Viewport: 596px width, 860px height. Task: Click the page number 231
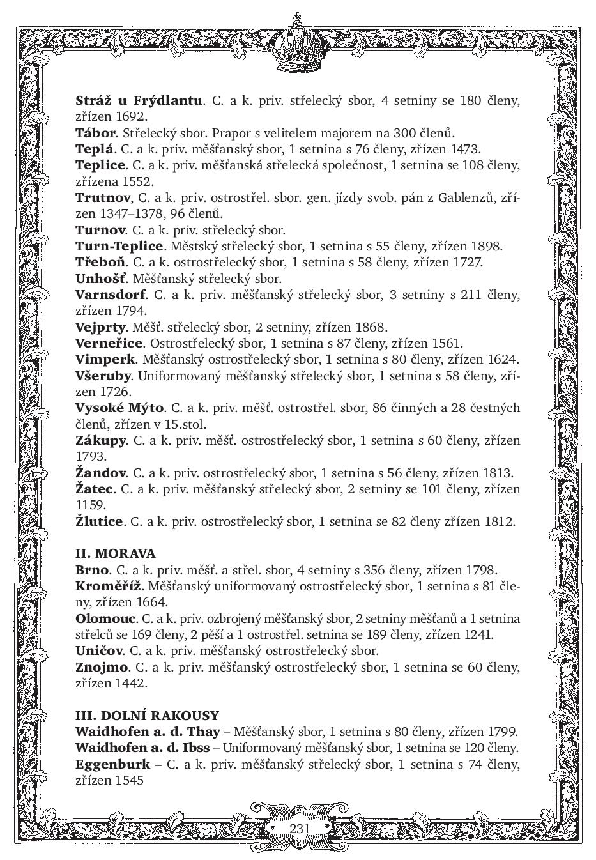[x=299, y=829]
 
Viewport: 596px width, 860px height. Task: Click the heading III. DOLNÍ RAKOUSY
[x=147, y=716]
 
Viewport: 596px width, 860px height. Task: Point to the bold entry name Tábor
[x=95, y=133]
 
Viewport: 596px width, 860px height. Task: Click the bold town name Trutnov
[x=102, y=197]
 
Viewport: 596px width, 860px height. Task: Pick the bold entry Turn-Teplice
[x=119, y=246]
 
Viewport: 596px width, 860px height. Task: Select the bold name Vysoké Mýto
[x=119, y=408]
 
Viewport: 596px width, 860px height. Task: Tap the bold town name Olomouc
[x=105, y=618]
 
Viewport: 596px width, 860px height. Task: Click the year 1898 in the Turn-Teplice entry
[x=487, y=246]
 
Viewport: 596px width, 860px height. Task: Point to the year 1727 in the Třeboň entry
[x=467, y=262]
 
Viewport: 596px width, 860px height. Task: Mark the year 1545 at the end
[x=130, y=780]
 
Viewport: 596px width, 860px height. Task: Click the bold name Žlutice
[x=98, y=521]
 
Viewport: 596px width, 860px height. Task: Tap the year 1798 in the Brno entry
[x=481, y=570]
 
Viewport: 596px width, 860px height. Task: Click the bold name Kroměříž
[x=108, y=586]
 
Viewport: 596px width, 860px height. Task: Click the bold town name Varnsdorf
[x=110, y=295]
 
